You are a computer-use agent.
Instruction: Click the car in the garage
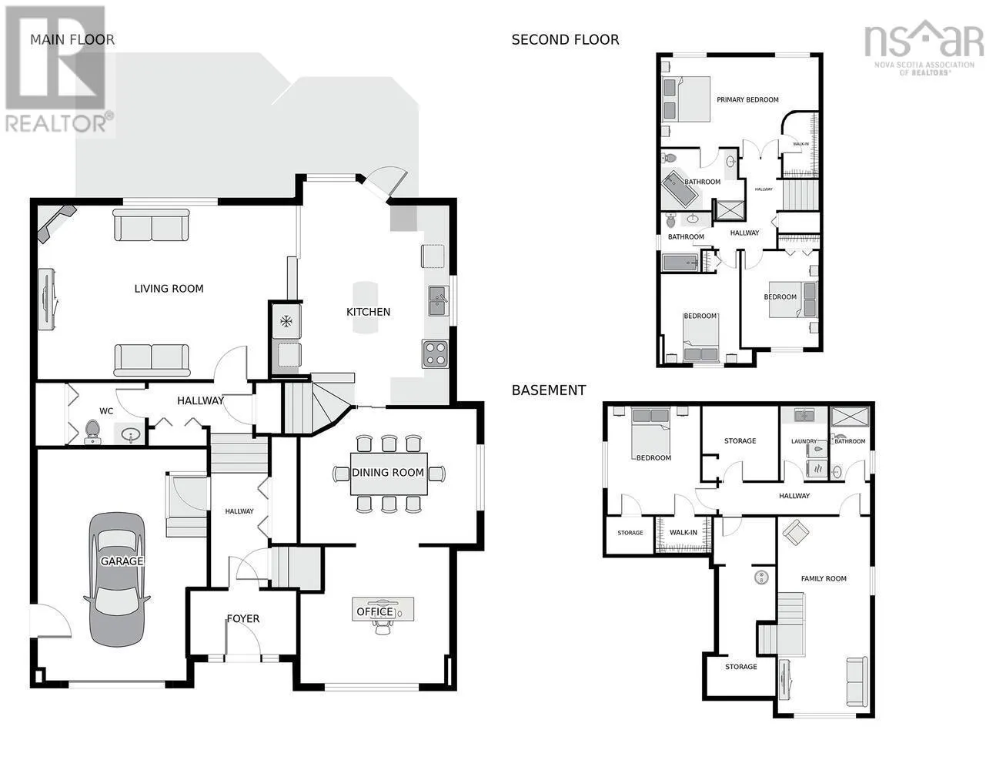point(117,579)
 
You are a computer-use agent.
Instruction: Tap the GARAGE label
point(122,561)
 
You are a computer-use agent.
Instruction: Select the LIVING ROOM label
point(169,289)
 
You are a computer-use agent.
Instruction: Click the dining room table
point(389,474)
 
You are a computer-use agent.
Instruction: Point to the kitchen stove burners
point(435,354)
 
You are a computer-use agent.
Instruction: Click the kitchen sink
point(438,300)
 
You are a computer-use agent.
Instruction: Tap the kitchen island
point(366,307)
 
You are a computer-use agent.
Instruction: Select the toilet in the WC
point(92,432)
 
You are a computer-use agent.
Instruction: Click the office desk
point(383,609)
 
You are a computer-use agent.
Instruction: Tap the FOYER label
point(243,619)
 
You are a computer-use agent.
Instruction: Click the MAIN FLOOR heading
point(72,40)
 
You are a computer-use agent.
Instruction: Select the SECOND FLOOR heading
point(565,40)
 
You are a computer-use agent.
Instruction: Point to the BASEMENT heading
point(549,390)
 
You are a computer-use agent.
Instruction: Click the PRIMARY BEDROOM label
point(747,99)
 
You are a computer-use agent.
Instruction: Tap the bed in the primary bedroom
point(686,99)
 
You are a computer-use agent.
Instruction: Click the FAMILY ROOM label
point(824,578)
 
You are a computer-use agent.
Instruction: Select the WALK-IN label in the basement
point(683,532)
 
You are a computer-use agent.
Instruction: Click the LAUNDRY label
point(804,441)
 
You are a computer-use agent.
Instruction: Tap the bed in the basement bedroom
point(650,432)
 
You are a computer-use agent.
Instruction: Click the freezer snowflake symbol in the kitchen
point(286,321)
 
